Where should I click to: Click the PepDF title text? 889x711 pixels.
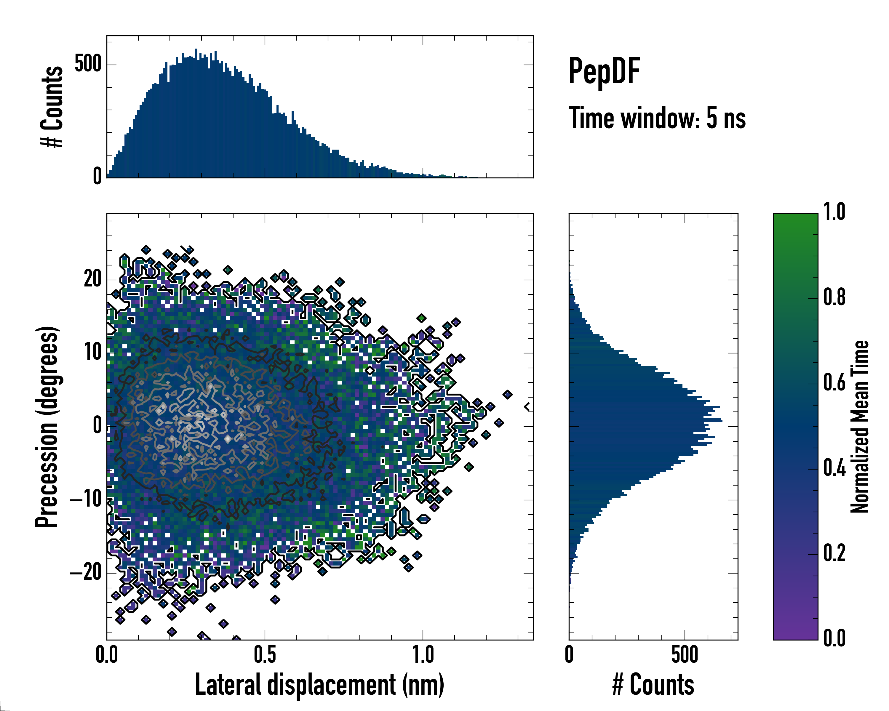pos(604,71)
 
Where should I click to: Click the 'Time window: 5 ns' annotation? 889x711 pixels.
pos(657,118)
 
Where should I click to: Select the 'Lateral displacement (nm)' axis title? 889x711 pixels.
pos(319,685)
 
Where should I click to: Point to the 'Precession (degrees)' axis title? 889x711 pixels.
pos(47,427)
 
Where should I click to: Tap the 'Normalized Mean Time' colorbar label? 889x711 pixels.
pos(860,427)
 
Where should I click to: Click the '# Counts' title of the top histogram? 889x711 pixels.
pos(52,107)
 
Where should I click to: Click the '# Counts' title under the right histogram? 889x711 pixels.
pos(653,685)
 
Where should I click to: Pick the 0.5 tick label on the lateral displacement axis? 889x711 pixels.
pos(265,655)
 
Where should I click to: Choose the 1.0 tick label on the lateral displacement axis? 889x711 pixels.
pos(423,655)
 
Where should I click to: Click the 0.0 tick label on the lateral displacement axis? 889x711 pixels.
pos(107,655)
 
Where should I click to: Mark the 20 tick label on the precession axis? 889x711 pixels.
pos(92,279)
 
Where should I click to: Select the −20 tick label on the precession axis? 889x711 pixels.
pos(86,573)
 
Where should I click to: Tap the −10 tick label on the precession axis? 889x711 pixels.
pos(86,499)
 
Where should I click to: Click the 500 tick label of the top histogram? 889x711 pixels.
pos(88,64)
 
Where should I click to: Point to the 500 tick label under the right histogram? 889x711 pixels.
pos(685,655)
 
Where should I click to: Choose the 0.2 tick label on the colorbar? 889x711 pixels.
pos(834,553)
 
